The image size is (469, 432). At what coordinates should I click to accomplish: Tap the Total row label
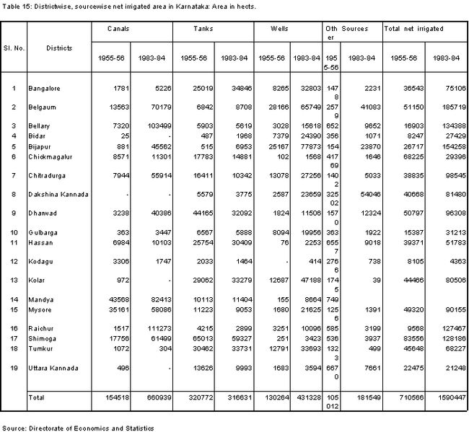coord(36,397)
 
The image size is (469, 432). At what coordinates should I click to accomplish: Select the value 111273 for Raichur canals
coord(154,328)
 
